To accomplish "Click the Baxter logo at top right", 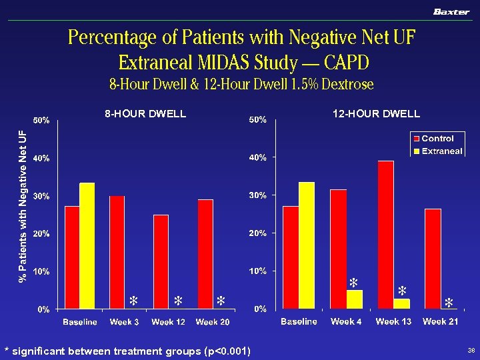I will (x=451, y=12).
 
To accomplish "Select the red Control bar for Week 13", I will (x=385, y=235).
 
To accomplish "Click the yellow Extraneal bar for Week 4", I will (x=355, y=299).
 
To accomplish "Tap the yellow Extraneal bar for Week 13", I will (x=401, y=304).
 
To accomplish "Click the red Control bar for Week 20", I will (x=205, y=254).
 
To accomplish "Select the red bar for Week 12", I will (x=161, y=261).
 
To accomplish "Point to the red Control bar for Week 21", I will (x=433, y=259).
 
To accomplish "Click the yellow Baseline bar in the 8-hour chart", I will (x=87, y=245).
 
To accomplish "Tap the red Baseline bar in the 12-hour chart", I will (x=291, y=257).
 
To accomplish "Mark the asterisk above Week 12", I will (x=178, y=301).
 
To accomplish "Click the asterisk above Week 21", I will (x=449, y=303).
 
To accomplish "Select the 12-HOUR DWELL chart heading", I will (x=376, y=114).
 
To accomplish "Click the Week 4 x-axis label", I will (x=346, y=322).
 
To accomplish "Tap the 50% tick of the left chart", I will (x=43, y=121).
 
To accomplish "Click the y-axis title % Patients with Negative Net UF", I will (x=23, y=206).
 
